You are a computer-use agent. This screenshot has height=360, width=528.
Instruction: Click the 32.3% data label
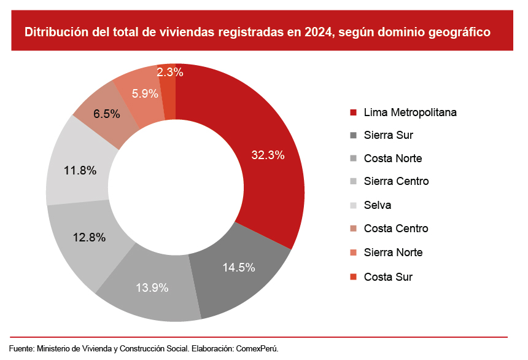(x=268, y=155)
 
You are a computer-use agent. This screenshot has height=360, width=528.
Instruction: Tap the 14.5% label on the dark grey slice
(x=238, y=268)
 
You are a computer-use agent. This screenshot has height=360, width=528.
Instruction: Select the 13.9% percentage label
(x=152, y=288)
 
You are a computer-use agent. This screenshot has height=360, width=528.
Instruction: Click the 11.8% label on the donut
(x=80, y=171)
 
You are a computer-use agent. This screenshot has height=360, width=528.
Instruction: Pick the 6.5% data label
(x=107, y=114)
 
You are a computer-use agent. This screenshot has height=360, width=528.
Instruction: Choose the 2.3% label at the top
(x=170, y=72)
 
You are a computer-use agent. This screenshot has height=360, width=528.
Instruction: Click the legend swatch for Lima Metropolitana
(x=353, y=112)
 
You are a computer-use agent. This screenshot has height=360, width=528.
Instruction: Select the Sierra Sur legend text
(x=388, y=135)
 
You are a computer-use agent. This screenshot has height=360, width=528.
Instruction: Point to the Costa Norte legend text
(x=392, y=158)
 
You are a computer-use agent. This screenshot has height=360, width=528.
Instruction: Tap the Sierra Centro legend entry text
(x=396, y=181)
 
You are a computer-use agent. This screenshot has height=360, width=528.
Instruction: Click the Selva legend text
(x=377, y=205)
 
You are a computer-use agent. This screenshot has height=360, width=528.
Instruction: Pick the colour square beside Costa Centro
(x=353, y=229)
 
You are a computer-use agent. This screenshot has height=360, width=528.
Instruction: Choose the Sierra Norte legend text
(x=393, y=252)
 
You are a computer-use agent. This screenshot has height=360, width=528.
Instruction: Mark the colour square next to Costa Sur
(x=353, y=277)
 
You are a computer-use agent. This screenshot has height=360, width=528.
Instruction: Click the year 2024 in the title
(x=317, y=33)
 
